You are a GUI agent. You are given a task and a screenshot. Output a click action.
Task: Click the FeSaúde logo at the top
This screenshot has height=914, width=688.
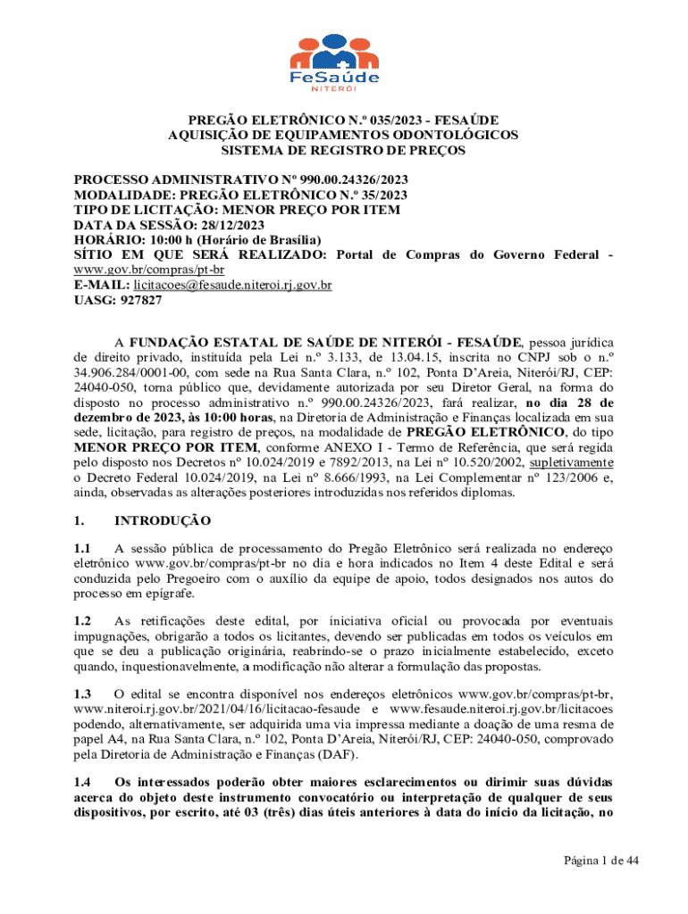(343, 61)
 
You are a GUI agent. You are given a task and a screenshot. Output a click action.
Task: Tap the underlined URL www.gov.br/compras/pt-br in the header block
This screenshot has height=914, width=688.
(148, 270)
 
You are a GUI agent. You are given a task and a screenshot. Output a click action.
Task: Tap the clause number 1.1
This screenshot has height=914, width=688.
(83, 549)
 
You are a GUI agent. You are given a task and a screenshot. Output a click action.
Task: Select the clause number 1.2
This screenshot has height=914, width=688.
(83, 620)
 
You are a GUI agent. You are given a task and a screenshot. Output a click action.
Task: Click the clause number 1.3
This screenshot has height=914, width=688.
(83, 694)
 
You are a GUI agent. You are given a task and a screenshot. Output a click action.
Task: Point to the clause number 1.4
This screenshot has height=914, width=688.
(83, 781)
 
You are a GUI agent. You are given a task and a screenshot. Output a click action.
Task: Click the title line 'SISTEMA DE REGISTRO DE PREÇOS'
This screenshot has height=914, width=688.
(343, 151)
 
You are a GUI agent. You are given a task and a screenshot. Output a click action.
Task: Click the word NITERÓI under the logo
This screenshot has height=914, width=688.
(343, 88)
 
